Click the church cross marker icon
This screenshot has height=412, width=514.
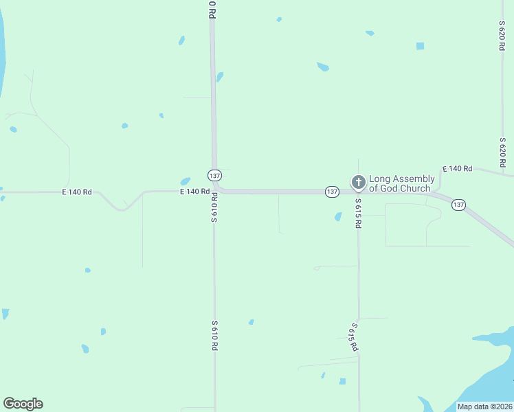[358, 183]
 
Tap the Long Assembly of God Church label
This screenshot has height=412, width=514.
[402, 183]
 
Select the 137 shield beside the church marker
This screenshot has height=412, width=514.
[333, 192]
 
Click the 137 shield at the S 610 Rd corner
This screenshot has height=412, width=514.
[214, 174]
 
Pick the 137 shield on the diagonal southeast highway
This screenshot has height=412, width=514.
[459, 205]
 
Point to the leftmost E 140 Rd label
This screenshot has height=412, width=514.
[77, 192]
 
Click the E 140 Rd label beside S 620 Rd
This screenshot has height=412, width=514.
[458, 169]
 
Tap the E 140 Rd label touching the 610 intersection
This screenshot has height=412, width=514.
[194, 192]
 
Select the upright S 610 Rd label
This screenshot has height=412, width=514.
[214, 336]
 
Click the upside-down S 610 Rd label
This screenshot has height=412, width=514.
[214, 207]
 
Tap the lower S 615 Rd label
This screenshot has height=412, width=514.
[355, 336]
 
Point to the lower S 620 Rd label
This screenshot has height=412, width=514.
[502, 152]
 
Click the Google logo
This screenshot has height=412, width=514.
[23, 404]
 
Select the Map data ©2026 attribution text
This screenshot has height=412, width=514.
[484, 407]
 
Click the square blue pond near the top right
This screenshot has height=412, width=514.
[420, 46]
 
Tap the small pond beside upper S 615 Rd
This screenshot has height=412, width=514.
[338, 217]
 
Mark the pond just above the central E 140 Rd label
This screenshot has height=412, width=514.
[185, 181]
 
